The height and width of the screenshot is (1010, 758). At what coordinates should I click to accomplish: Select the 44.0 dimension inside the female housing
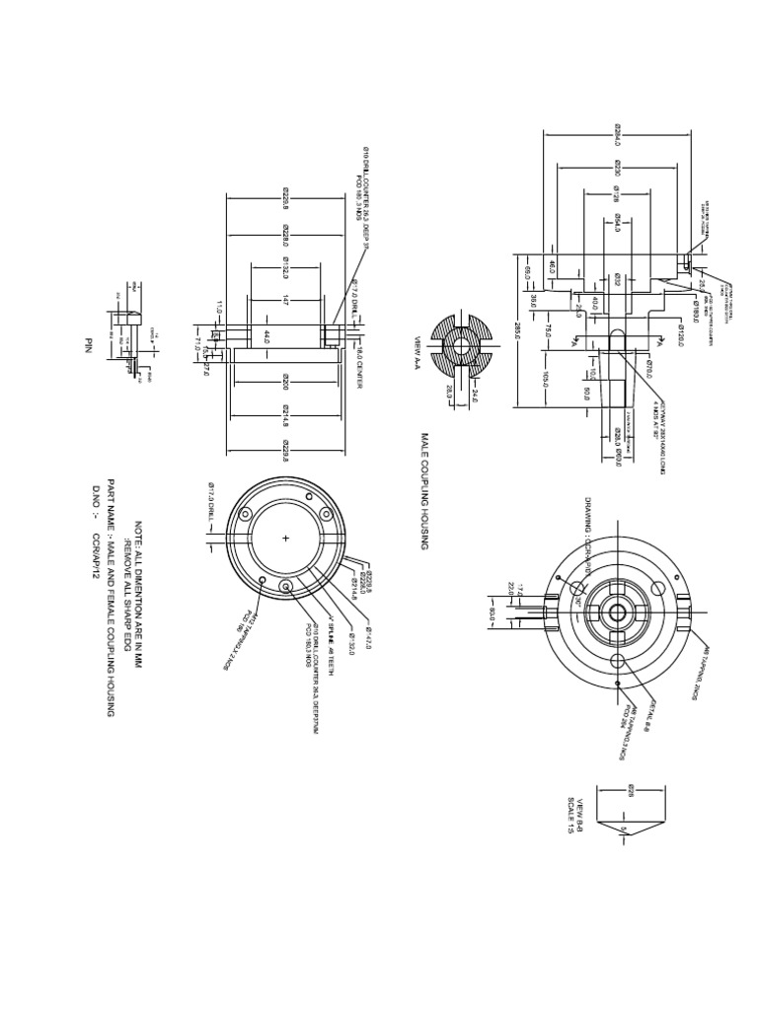(x=267, y=338)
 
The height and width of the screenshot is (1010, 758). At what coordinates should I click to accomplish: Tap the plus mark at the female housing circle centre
(x=286, y=539)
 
